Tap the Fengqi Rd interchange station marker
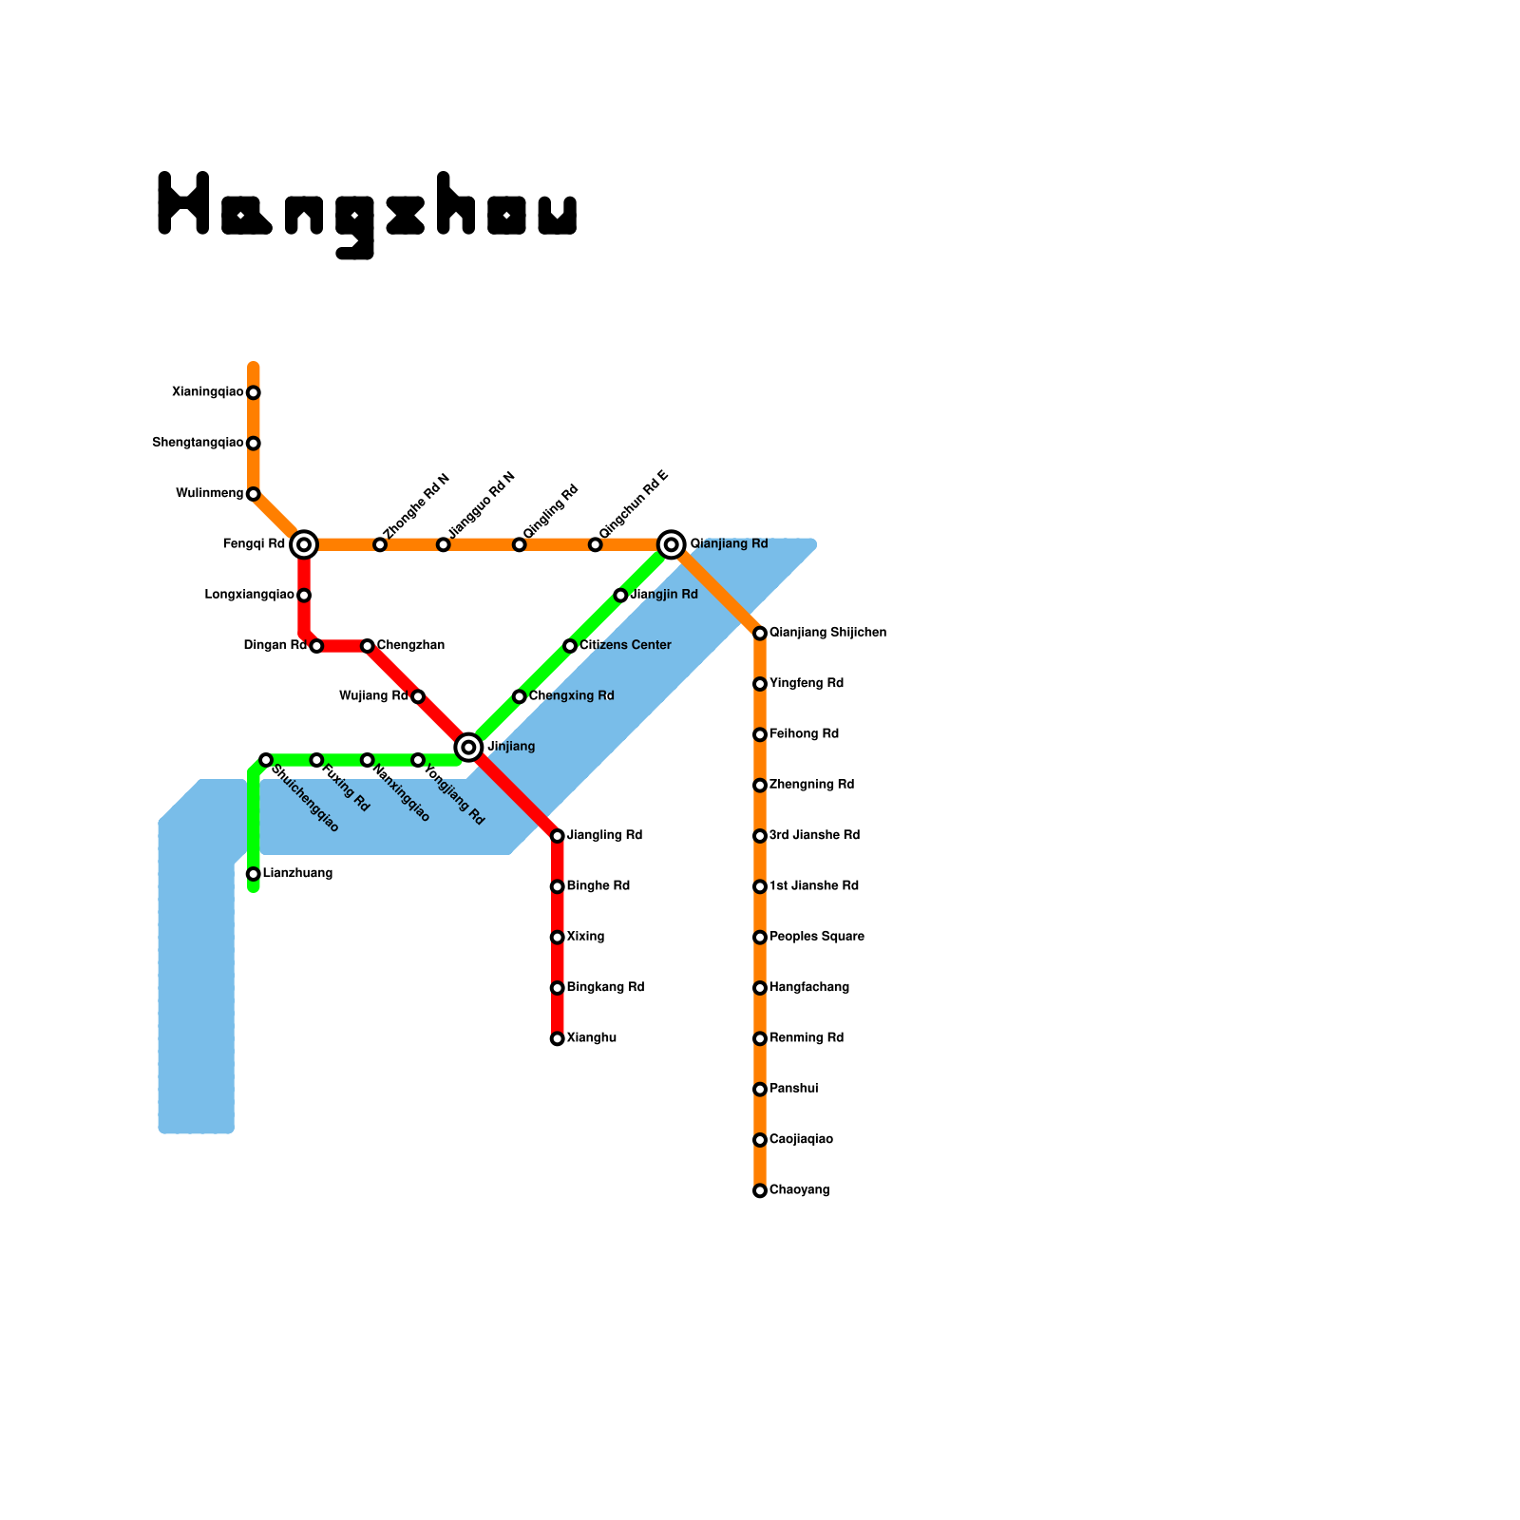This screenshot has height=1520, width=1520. [304, 544]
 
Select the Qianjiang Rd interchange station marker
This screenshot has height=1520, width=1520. [672, 544]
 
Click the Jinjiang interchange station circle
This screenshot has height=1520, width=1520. [468, 748]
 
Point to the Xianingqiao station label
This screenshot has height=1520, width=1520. [207, 392]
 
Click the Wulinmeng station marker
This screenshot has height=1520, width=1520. [253, 494]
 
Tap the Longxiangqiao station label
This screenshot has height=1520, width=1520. [249, 596]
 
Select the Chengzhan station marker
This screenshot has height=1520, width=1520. [368, 646]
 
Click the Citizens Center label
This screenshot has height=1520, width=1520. [625, 646]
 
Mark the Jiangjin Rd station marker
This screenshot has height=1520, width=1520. [620, 596]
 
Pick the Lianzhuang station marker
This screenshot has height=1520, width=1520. [253, 874]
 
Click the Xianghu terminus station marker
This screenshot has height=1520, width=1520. [558, 1038]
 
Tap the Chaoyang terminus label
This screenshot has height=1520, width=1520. [799, 1190]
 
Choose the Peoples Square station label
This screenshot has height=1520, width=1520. [816, 937]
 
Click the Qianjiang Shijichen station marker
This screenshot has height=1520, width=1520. [760, 634]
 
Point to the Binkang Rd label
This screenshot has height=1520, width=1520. [605, 988]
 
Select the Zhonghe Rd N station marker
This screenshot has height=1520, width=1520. [380, 544]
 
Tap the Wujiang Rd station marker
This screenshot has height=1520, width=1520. [418, 696]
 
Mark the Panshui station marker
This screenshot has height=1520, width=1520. [760, 1090]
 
